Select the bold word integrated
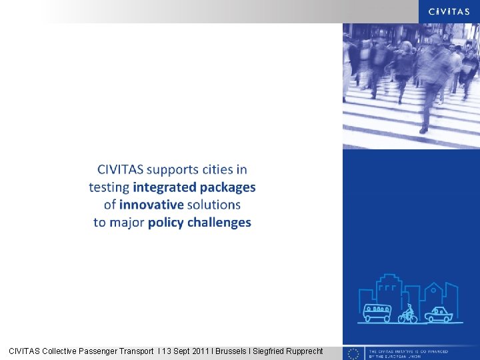coord(165,187)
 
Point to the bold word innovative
coord(151,205)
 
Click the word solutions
coord(213,205)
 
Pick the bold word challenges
coord(219,222)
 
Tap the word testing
coord(109,187)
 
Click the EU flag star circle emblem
coord(354,353)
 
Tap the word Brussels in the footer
coord(233,351)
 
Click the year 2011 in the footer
coord(199,351)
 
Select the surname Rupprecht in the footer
coord(300,351)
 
